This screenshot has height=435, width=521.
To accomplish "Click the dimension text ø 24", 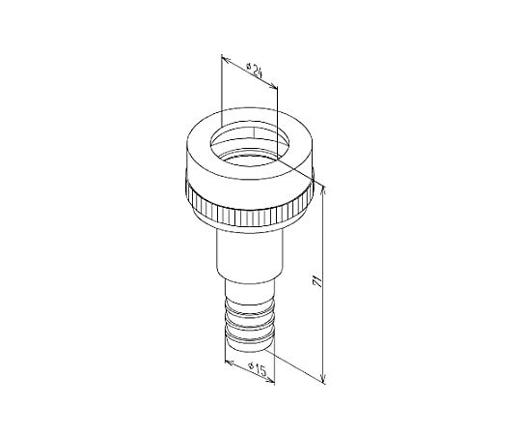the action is point(255,70).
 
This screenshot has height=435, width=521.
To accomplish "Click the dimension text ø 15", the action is point(259,368).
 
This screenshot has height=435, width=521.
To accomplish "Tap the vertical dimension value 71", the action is point(317,281).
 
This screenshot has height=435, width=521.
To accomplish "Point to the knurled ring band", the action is point(249,210).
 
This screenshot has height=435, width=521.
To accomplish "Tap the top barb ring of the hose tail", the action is point(249,304).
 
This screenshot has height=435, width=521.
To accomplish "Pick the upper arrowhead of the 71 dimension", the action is point(324,189).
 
